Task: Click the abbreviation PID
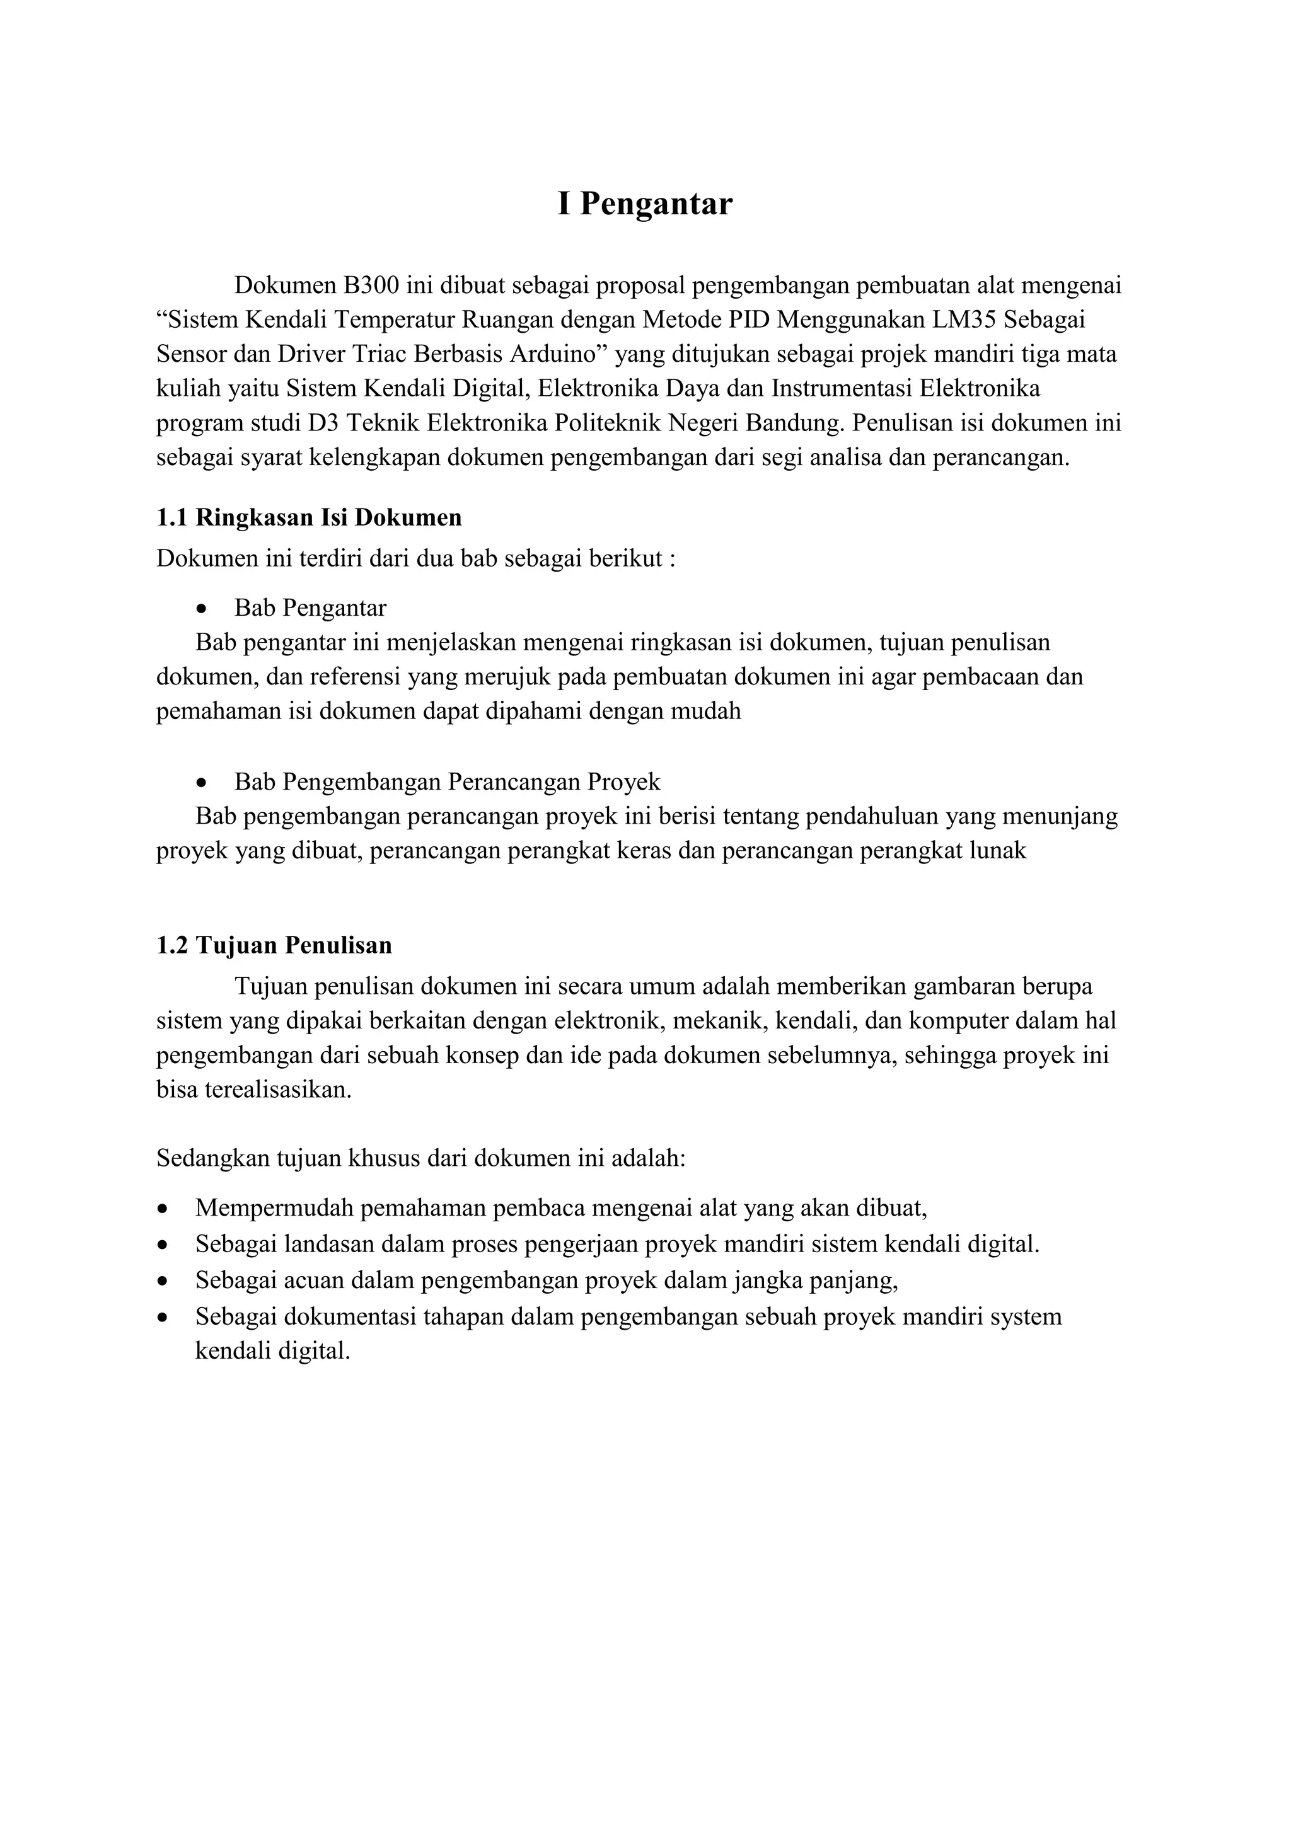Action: pyautogui.click(x=747, y=319)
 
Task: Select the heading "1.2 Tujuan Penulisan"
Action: pyautogui.click(x=274, y=945)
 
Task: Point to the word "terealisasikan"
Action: pyautogui.click(x=277, y=1089)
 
